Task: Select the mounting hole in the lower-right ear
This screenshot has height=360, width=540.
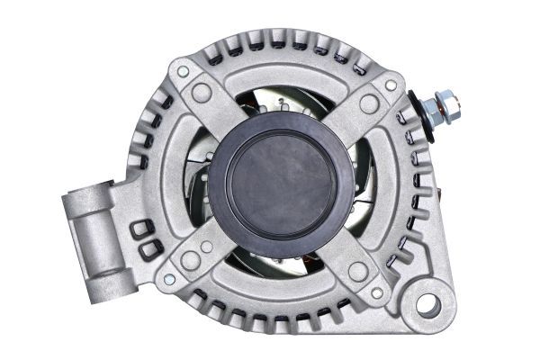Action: pos(427,305)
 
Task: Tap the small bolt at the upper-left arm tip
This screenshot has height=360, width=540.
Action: pos(183,71)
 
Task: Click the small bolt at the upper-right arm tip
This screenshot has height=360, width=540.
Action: pos(391,85)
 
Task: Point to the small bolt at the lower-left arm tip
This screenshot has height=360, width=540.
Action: pos(168,280)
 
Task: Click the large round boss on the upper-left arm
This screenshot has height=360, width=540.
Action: pos(202,93)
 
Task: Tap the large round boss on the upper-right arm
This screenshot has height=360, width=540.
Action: pos(368,104)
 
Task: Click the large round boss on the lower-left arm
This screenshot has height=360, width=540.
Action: pos(190,260)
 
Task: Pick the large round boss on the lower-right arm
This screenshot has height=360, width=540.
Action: pos(356,272)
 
